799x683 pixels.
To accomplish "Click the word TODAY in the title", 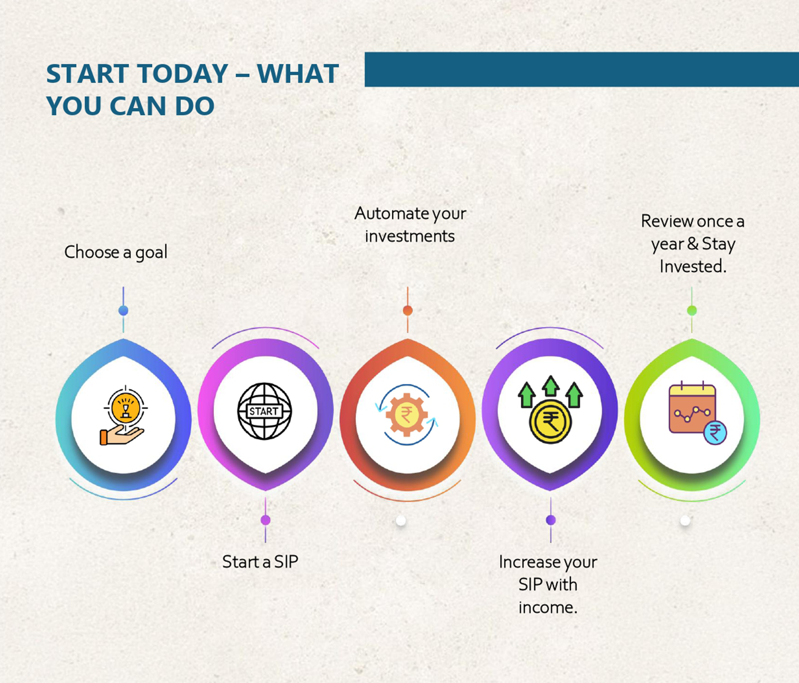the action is point(183,74).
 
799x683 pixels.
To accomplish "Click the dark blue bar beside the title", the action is point(582,69).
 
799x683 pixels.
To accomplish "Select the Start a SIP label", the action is point(260,562).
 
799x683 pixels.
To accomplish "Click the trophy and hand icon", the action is point(123,416).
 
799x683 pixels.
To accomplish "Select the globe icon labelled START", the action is point(264,411).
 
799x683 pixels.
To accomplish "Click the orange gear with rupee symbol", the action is point(406,414).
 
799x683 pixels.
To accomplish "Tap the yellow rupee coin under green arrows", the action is point(550,422).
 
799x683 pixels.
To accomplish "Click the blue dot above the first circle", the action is point(123,311).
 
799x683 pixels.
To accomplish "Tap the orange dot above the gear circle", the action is point(408,311).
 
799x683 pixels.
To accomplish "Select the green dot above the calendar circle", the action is point(691,311).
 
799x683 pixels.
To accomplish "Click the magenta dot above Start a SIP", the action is point(266,520).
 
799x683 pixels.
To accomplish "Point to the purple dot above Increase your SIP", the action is point(551,520).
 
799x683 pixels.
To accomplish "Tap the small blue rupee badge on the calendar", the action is point(715,433).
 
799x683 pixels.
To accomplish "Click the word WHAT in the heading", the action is point(298,74).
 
